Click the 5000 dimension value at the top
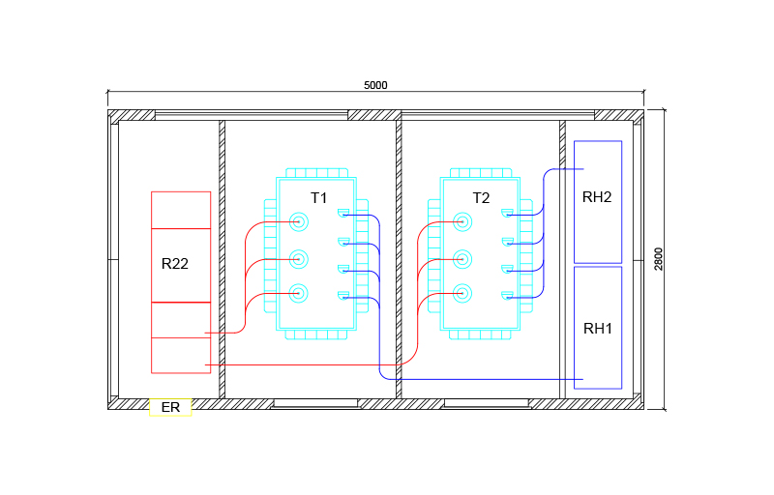[x=375, y=85]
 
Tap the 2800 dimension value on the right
[x=659, y=259]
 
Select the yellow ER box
[x=170, y=407]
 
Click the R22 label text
[x=174, y=263]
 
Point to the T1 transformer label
[x=319, y=197]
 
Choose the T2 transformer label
[x=482, y=197]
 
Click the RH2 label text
[x=597, y=197]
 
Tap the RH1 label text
[x=598, y=329]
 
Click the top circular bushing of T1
[x=300, y=222]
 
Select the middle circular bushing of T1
[x=300, y=258]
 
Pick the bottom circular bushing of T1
[x=300, y=293]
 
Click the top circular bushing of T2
[x=463, y=222]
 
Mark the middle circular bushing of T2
[x=463, y=258]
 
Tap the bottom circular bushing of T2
[x=463, y=293]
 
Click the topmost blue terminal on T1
[x=342, y=212]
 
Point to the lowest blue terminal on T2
[x=505, y=294]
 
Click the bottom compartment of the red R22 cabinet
[x=181, y=355]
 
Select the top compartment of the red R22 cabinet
[x=181, y=210]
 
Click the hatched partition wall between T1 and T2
[x=399, y=259]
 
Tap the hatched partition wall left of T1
[x=222, y=259]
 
